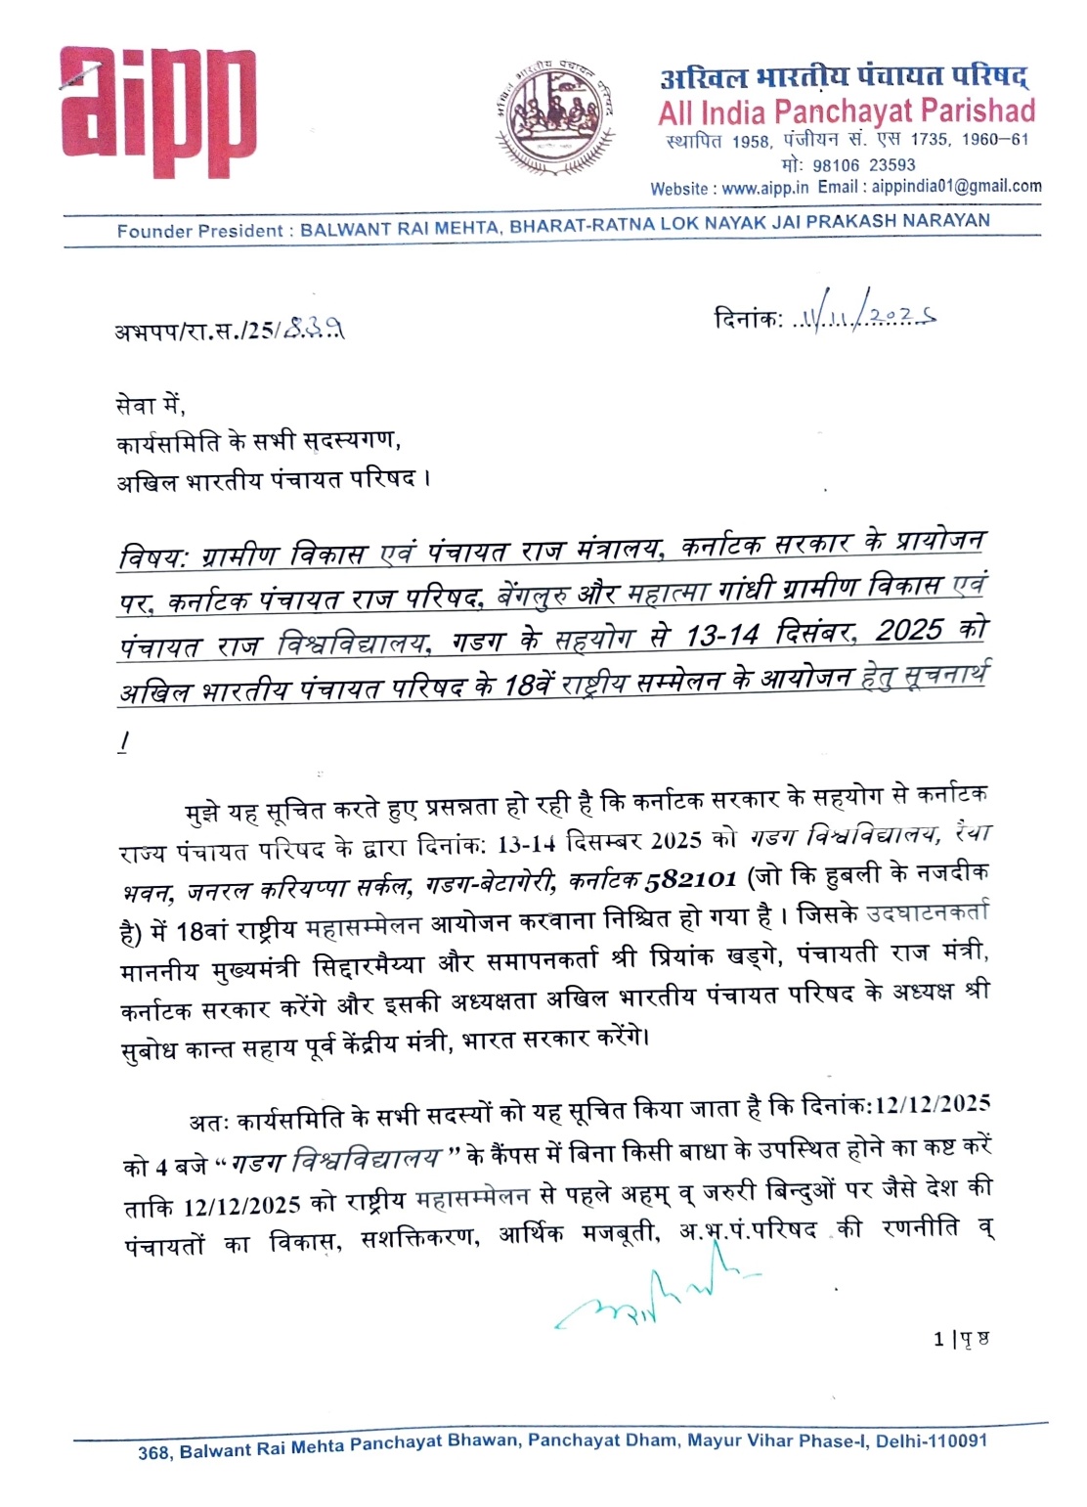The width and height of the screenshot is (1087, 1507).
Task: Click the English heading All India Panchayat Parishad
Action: (x=847, y=111)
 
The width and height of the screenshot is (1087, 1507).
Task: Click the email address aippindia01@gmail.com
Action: (x=957, y=186)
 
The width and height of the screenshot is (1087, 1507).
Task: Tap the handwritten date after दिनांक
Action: (x=865, y=317)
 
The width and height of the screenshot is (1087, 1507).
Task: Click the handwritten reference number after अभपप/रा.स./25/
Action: (x=312, y=332)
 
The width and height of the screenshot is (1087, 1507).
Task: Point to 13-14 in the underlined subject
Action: (x=722, y=636)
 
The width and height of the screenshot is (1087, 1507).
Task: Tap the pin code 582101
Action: (x=689, y=878)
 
